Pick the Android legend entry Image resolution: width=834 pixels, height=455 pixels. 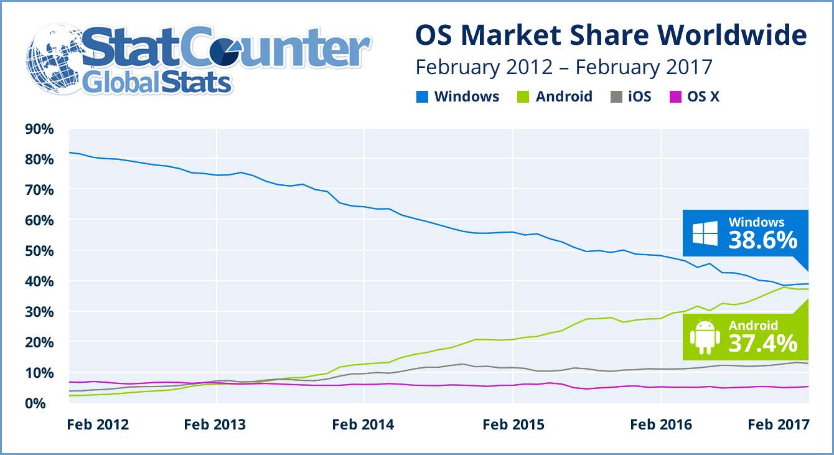(555, 96)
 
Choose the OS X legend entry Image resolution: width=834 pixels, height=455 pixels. (693, 96)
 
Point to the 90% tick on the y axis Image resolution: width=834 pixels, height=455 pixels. (39, 129)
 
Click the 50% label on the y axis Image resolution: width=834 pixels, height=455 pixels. (39, 251)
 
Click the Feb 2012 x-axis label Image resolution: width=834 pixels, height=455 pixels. (98, 425)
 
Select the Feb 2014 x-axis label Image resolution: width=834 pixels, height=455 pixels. (363, 425)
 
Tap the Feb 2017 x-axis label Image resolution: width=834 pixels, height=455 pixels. (778, 425)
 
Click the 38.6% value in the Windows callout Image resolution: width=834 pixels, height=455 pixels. (762, 239)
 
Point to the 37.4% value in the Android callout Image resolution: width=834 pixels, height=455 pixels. (762, 342)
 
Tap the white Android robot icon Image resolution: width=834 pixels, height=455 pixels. (705, 336)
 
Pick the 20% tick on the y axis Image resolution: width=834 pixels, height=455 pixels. (39, 342)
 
